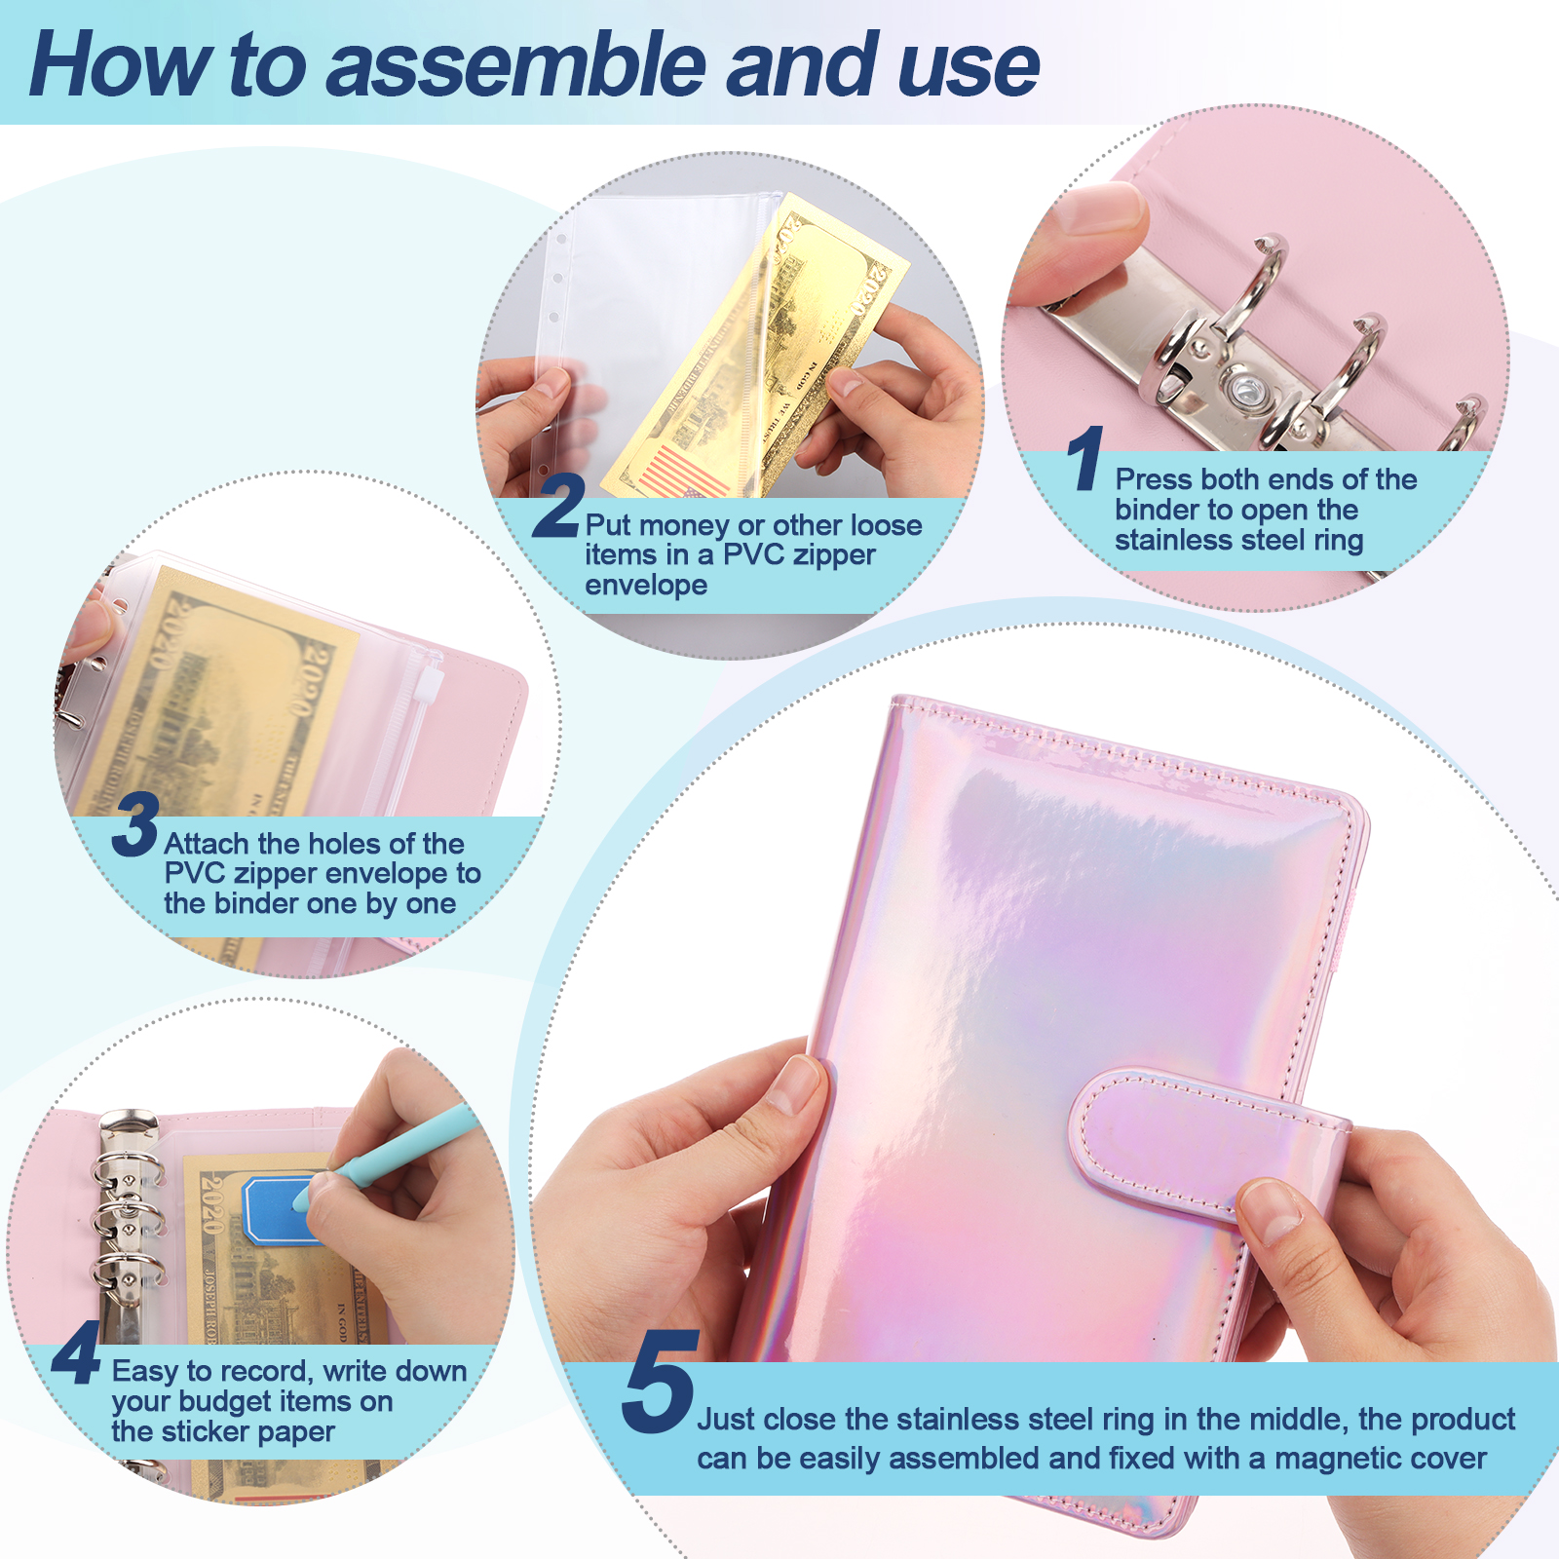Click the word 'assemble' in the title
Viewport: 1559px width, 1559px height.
tap(515, 66)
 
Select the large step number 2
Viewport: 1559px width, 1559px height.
tap(558, 505)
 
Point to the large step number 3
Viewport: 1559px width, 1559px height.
tap(135, 824)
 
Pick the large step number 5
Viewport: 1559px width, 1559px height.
tap(659, 1382)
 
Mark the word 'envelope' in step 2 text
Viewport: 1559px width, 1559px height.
tap(646, 586)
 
